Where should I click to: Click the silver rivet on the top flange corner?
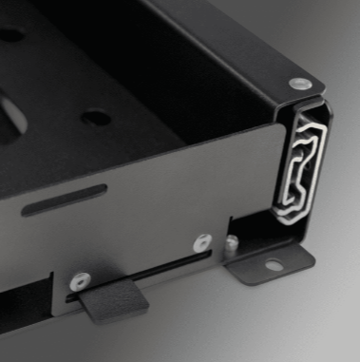click(298, 84)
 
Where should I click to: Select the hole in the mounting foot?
click(274, 265)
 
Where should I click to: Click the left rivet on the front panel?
click(81, 280)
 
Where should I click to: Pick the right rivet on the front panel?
click(202, 243)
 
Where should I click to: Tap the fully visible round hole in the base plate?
click(95, 119)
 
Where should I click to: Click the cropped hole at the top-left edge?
click(11, 33)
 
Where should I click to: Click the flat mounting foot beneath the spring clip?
click(275, 260)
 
